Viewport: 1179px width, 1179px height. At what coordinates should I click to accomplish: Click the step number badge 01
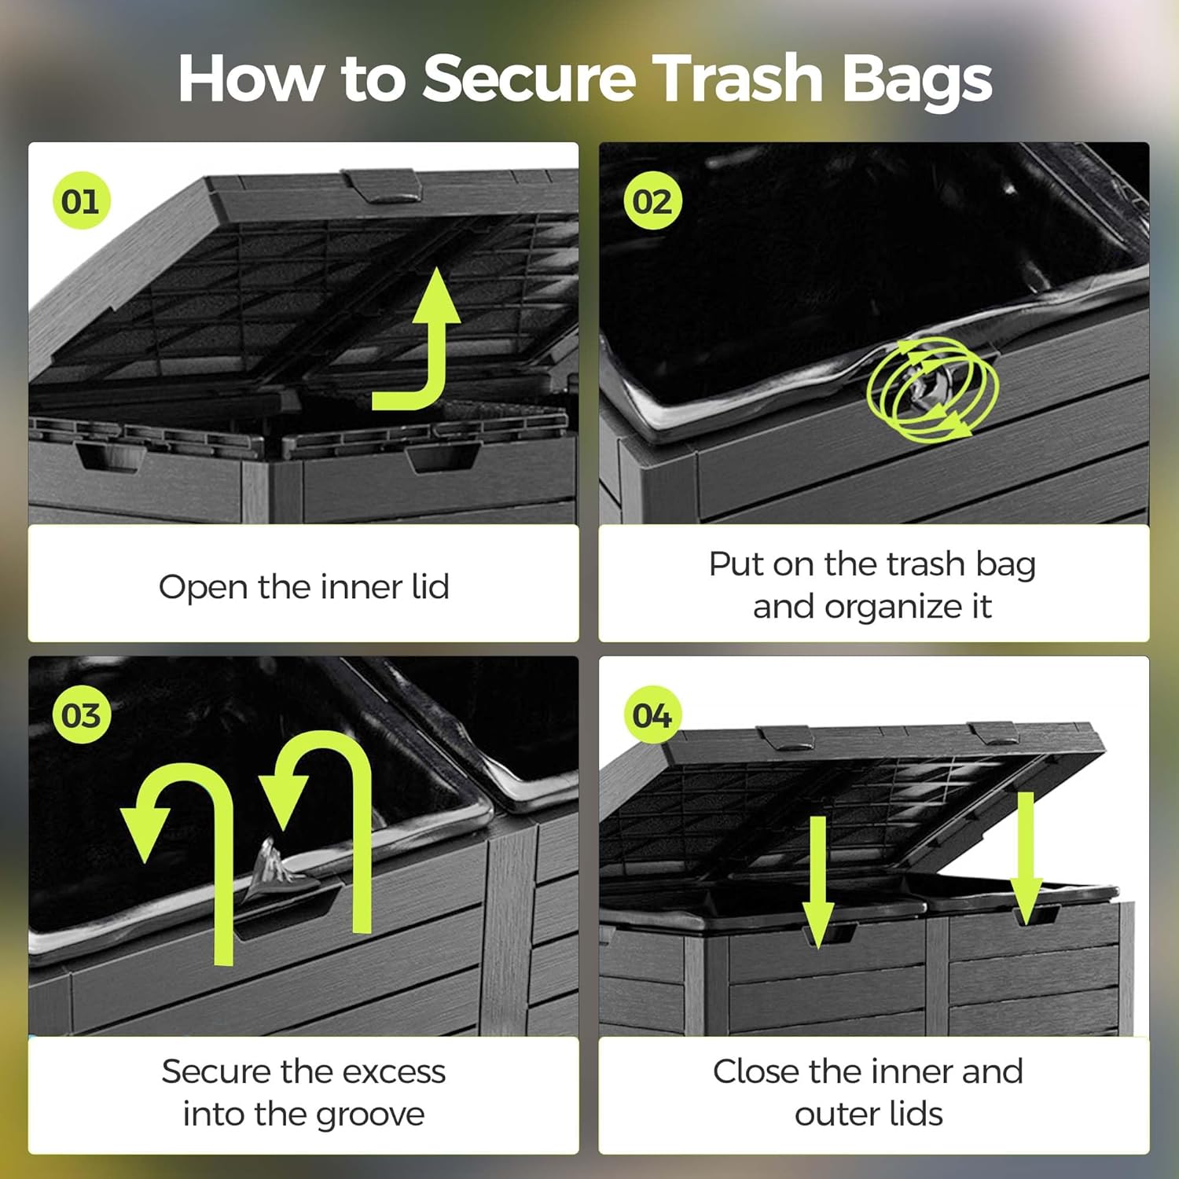pyautogui.click(x=80, y=201)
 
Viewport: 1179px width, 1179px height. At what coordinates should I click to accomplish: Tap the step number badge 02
pyautogui.click(x=652, y=201)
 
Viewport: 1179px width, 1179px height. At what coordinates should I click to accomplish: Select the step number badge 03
pyautogui.click(x=80, y=715)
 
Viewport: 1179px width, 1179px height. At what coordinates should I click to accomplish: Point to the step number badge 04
pyautogui.click(x=652, y=715)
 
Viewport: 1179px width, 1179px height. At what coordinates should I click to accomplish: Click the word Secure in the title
pyautogui.click(x=529, y=79)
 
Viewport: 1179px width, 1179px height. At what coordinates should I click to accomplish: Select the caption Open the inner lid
pyautogui.click(x=304, y=586)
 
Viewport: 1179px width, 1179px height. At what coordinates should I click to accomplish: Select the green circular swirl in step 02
pyautogui.click(x=932, y=387)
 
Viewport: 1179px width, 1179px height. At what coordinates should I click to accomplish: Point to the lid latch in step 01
pyautogui.click(x=381, y=185)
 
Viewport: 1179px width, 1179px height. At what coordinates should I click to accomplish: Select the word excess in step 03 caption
pyautogui.click(x=394, y=1071)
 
